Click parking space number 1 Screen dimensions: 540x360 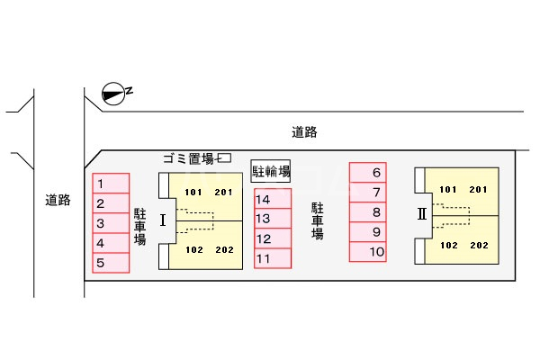coord(111,184)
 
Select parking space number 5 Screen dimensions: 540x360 coord(111,263)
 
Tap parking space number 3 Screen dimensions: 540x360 coord(111,223)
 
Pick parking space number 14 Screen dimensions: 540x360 coord(273,199)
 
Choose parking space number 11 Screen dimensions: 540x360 coord(273,258)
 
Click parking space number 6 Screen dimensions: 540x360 coord(368,172)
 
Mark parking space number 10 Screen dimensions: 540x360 coord(368,251)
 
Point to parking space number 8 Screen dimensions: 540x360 coord(368,211)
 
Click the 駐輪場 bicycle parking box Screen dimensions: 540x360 coord(271,171)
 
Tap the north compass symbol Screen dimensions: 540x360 coord(113,94)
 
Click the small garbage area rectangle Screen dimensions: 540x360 coord(225,157)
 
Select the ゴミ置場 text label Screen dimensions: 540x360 coord(189,158)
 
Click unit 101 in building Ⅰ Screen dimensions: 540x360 coord(193,193)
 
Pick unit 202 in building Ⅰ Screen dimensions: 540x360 coord(224,250)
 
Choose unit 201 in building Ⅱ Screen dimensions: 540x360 coord(479,190)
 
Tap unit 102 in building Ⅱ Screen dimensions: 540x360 coord(449,246)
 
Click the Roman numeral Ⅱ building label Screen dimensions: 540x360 coord(422,214)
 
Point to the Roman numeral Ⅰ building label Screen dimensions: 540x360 coord(163,220)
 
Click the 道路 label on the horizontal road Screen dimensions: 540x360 coord(304,132)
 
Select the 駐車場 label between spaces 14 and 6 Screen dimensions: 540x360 coord(318,220)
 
